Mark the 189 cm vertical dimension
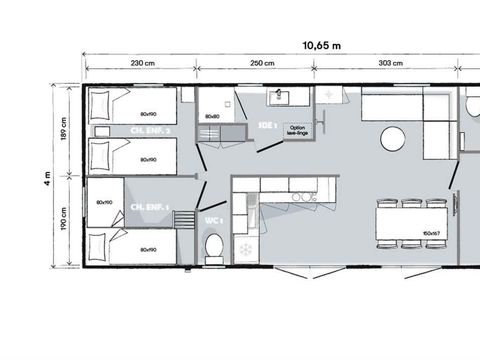64,130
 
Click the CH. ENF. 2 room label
150,130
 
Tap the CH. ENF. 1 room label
150,207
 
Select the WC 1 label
214,220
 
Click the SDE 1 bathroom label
266,126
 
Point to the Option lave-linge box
297,131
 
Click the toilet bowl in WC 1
213,247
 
